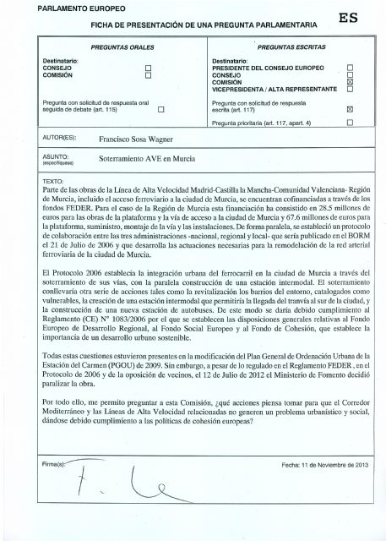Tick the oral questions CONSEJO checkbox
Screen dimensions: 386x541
[148, 68]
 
